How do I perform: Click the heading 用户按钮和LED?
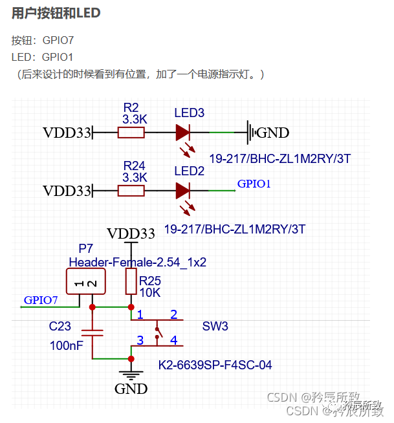[56, 13]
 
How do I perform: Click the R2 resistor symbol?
[131, 133]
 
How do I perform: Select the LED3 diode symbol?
[182, 133]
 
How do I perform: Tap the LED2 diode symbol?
[182, 191]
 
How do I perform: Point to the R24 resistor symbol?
[131, 191]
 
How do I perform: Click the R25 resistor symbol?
[131, 281]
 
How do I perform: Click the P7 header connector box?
[85, 283]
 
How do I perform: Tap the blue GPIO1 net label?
[254, 184]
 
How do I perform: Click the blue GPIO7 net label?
[41, 300]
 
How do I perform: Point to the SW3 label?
[215, 327]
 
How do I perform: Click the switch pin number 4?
[173, 340]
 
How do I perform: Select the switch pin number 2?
[173, 315]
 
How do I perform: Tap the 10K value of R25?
[150, 292]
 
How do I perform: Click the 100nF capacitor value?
[66, 346]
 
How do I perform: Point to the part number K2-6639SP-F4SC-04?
[215, 365]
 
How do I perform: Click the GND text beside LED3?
[273, 133]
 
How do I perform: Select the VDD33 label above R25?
[131, 233]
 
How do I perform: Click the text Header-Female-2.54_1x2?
[137, 262]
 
